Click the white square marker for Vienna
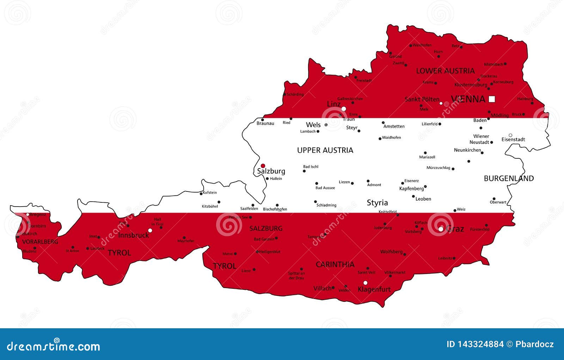(492, 99)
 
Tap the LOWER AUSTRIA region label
(445, 71)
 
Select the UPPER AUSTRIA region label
(325, 150)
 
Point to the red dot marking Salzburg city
(263, 166)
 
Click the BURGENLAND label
(509, 178)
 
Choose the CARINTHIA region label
(335, 264)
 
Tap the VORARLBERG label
(40, 242)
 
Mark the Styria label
(377, 203)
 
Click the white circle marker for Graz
(441, 229)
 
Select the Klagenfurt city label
(374, 289)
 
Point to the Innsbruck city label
(133, 235)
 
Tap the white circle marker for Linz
(344, 109)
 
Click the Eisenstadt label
(513, 140)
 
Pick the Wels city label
(313, 125)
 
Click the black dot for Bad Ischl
(304, 171)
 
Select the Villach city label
(322, 288)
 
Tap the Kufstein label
(210, 193)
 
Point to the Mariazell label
(427, 157)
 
